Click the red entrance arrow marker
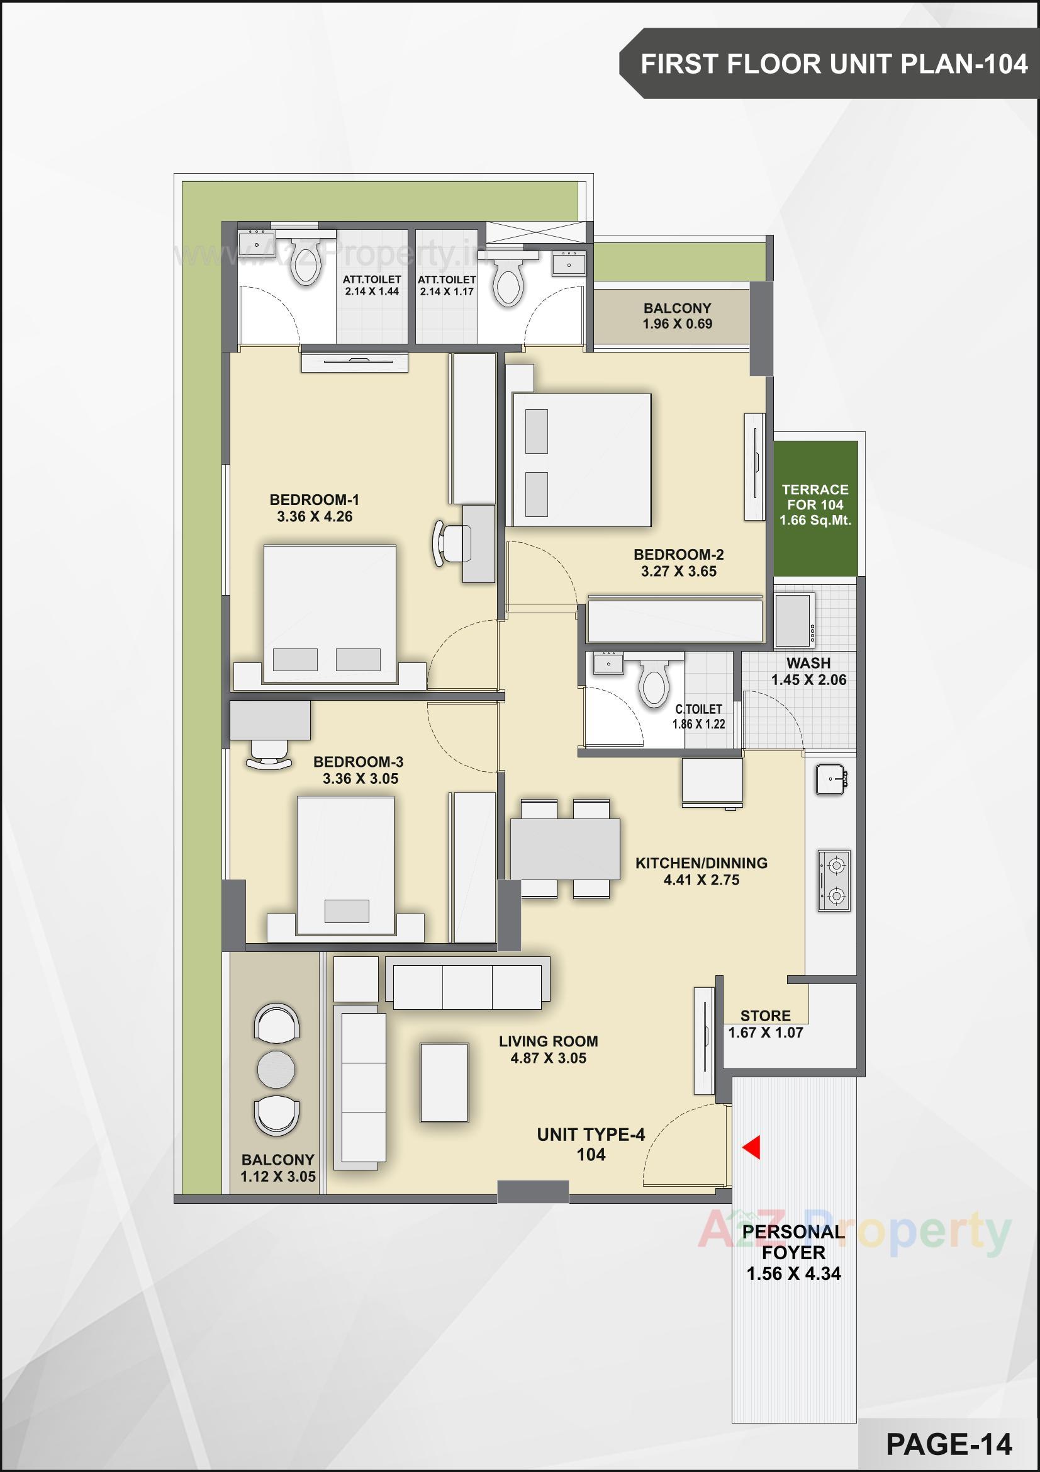752,1147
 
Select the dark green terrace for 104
815,507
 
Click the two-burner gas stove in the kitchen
834,881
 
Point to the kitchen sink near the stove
831,779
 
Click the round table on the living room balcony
276,1068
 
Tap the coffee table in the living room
444,1082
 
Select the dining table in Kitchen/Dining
564,849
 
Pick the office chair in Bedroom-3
269,755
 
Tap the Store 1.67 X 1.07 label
765,1024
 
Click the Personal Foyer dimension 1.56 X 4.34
793,1273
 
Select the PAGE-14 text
948,1444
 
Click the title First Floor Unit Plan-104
834,64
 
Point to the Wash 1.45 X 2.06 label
808,671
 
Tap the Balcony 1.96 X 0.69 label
678,316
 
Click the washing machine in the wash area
795,620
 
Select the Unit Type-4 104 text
591,1145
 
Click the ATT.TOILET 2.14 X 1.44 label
372,285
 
